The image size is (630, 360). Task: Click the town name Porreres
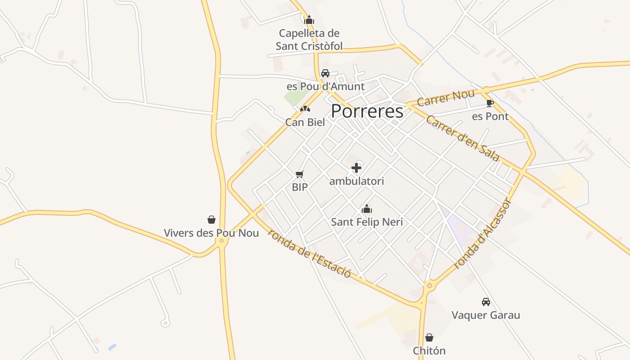click(367, 111)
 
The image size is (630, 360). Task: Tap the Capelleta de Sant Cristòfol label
click(309, 40)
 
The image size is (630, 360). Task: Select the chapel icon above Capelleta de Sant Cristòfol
click(309, 20)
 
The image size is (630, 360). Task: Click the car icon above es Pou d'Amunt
click(325, 73)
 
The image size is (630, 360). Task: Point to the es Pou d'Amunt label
click(326, 86)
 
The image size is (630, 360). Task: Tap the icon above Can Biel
click(305, 109)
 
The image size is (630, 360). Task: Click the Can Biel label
click(305, 122)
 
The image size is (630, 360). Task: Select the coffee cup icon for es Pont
click(490, 103)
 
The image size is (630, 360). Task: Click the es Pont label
click(490, 117)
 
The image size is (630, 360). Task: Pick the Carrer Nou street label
click(445, 98)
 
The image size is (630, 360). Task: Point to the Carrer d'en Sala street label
click(463, 138)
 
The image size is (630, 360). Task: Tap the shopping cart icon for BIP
click(300, 174)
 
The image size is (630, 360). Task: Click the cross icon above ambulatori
click(356, 168)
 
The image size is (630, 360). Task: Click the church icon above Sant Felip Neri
click(367, 209)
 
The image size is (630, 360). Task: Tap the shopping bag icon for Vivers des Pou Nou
click(211, 220)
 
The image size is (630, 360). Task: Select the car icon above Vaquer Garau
click(486, 301)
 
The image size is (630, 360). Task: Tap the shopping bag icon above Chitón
click(429, 337)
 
